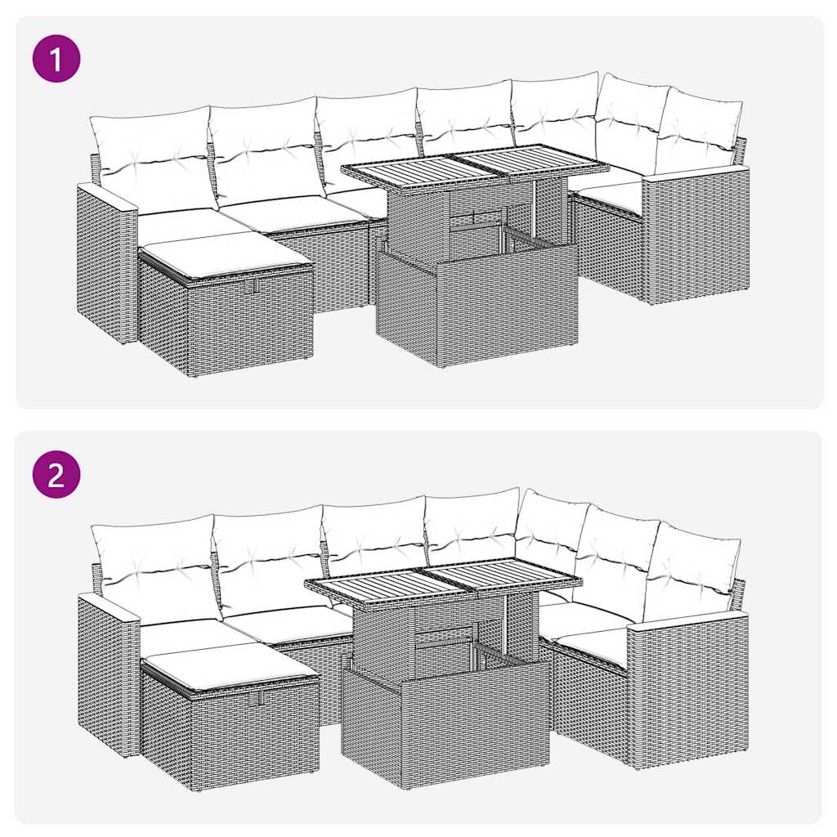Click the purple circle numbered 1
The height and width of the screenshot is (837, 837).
56,58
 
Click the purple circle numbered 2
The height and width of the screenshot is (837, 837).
56,475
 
